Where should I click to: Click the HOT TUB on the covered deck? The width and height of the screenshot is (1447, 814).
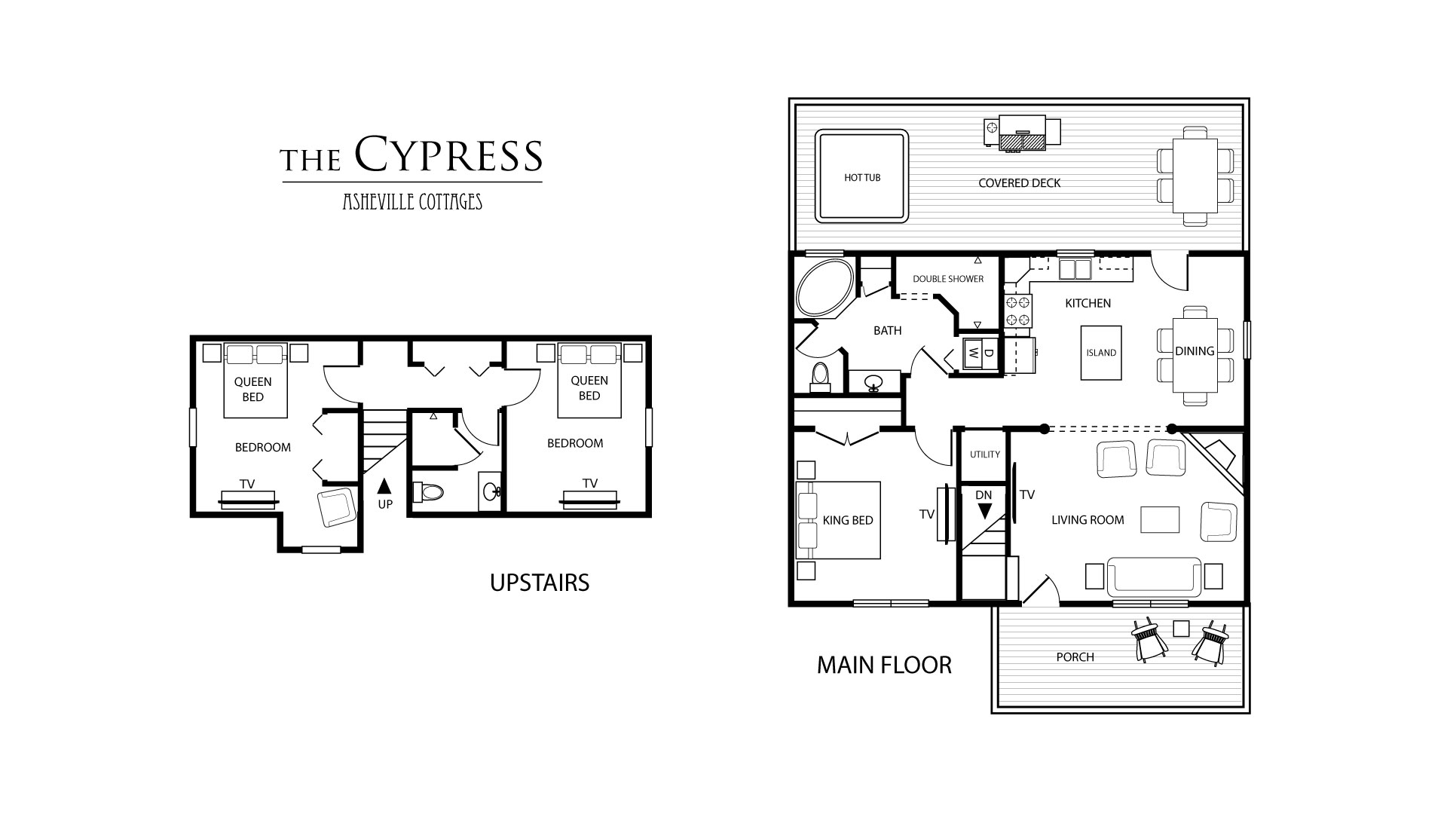[x=861, y=177]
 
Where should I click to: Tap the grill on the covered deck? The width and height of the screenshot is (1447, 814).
[x=1021, y=133]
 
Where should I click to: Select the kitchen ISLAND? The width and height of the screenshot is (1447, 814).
[x=1101, y=353]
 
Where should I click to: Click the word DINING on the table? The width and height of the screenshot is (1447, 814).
[x=1195, y=351]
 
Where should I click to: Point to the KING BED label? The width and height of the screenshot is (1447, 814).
[x=848, y=520]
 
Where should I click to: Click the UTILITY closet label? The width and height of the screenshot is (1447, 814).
[x=985, y=454]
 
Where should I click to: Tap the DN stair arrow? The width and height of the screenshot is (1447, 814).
[x=984, y=511]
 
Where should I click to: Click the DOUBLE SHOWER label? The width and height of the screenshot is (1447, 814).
[x=948, y=279]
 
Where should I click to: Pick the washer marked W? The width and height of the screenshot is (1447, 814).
[x=972, y=353]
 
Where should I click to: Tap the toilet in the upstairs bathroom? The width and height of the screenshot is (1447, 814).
[x=429, y=492]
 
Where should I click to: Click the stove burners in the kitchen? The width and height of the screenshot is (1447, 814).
[x=1018, y=311]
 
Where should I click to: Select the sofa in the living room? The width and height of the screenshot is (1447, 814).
[x=1154, y=577]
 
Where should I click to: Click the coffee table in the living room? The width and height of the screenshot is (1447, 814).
[x=1160, y=519]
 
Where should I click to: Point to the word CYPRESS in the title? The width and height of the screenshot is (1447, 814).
[x=448, y=155]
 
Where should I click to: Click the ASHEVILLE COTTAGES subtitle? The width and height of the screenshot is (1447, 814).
[x=412, y=201]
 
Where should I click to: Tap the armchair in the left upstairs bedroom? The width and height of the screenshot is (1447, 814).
[x=336, y=507]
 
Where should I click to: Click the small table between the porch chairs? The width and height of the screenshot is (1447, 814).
[x=1181, y=628]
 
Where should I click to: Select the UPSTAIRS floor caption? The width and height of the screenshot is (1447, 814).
[x=540, y=583]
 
